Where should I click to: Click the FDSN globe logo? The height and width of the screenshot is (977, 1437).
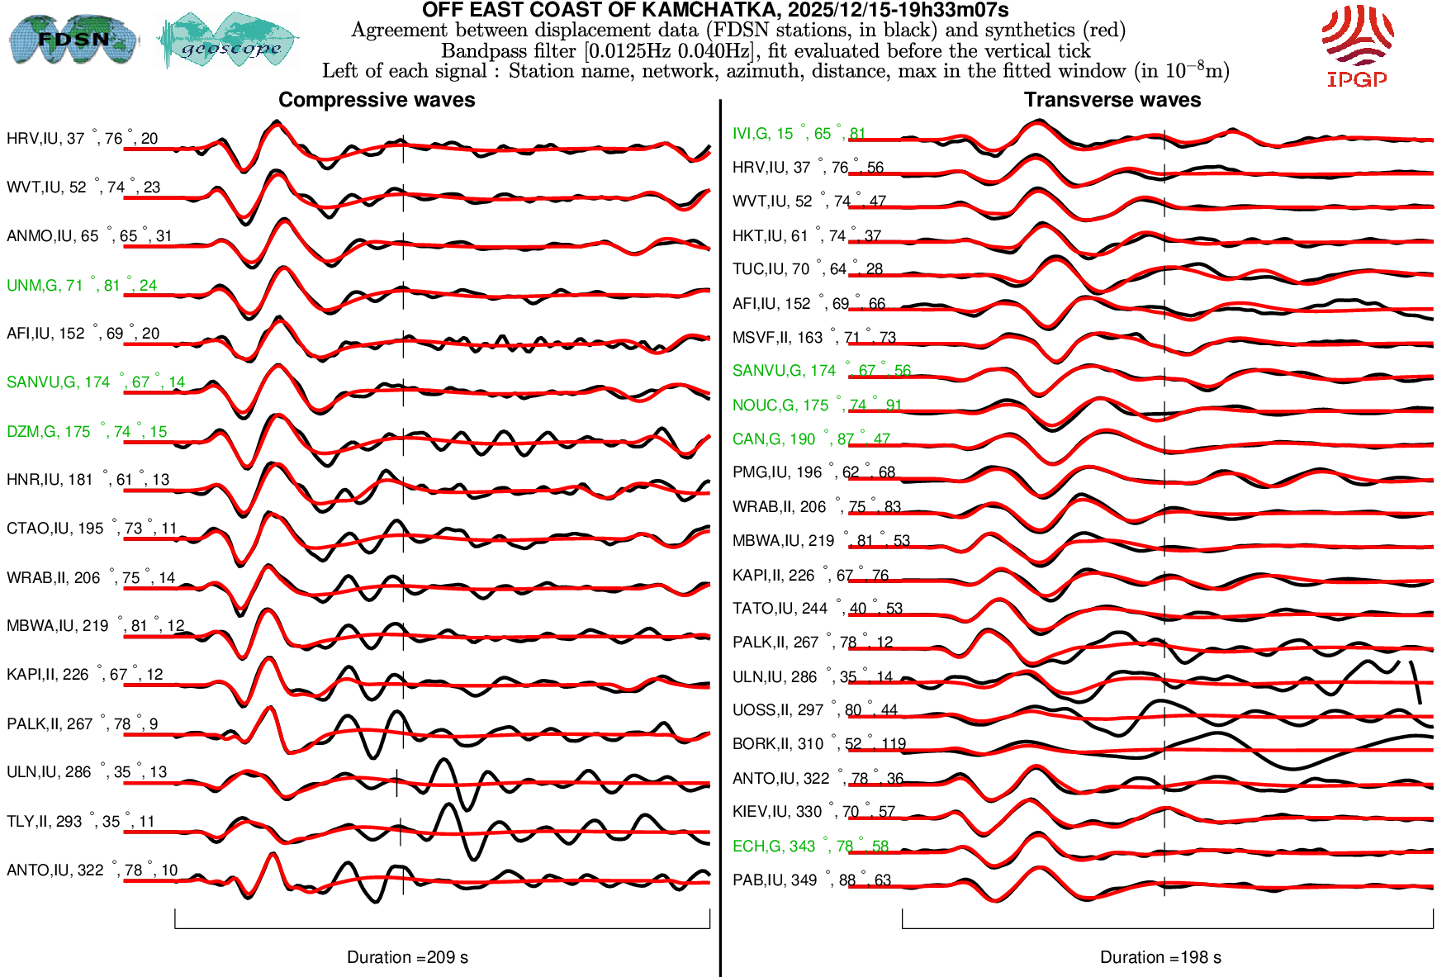point(74,39)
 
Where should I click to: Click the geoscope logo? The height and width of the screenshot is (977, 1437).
point(229,40)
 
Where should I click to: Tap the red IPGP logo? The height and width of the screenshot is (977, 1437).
point(1357,46)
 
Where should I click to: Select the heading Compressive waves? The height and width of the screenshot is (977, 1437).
point(377,100)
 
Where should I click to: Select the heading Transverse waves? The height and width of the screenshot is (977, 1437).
point(1112,100)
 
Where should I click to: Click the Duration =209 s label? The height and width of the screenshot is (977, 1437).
point(407,957)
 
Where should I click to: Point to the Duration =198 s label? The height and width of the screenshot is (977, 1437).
point(1160,957)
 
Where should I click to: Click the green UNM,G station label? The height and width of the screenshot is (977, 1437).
point(81,286)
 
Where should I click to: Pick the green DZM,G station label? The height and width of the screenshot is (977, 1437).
point(87,432)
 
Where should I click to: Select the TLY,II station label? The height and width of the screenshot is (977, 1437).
point(80,822)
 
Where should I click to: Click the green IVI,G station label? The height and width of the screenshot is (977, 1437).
point(799,134)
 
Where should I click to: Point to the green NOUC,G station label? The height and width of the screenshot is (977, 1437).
point(817,406)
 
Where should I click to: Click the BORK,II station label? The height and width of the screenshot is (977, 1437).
point(818,744)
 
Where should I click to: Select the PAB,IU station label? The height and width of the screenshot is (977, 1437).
point(811,880)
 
